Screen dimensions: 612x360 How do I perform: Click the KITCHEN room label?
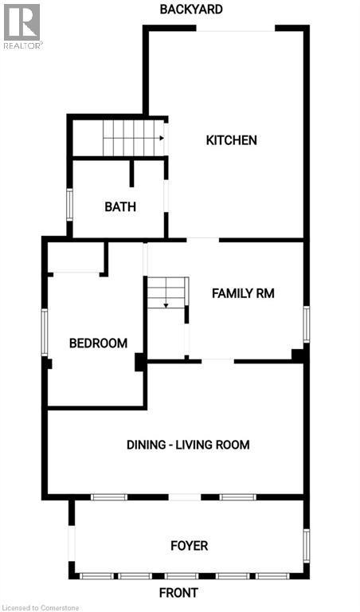coord(231,140)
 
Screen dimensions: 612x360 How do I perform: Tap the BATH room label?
coord(120,206)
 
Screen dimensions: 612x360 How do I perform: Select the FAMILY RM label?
coord(242,293)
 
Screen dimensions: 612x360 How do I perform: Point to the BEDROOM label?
coord(98,343)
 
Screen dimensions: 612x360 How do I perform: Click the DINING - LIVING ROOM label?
coord(188,444)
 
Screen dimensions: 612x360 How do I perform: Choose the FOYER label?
coord(189,546)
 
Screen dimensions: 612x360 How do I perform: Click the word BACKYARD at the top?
coord(190,10)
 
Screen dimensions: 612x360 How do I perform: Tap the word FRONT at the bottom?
coord(178,593)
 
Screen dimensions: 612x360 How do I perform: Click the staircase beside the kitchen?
coord(133,138)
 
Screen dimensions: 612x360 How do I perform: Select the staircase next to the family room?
coord(166,293)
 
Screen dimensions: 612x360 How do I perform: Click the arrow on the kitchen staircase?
coord(160,138)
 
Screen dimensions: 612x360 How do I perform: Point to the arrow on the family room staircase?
coord(166,304)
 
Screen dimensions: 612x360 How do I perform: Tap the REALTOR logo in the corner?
coord(22,25)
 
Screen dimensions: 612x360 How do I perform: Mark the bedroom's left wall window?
coord(45,331)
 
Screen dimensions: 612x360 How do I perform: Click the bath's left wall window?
coord(70,204)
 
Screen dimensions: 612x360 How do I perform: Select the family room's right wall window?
coord(306,325)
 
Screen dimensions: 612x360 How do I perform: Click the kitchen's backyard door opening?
coord(237,30)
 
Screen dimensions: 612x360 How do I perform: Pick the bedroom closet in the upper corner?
coord(76,257)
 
